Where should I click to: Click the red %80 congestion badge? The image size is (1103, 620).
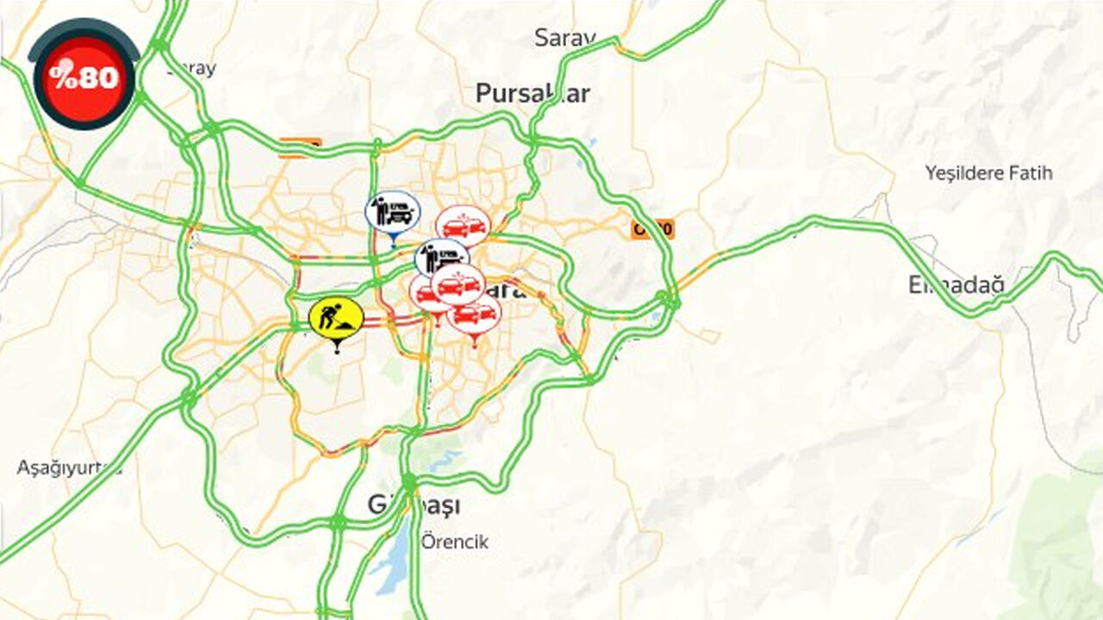(x=84, y=77)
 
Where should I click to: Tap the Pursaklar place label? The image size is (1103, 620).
(x=533, y=93)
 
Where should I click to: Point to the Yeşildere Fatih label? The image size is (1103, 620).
(x=988, y=173)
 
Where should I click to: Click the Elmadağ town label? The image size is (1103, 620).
(x=956, y=284)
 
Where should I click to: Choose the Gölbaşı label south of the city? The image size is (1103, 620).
(x=414, y=505)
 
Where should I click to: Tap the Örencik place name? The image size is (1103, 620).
(x=455, y=542)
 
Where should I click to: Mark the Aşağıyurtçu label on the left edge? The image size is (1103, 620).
(x=69, y=468)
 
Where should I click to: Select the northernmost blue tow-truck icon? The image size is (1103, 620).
(x=393, y=212)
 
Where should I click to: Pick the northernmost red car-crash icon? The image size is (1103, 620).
(x=463, y=226)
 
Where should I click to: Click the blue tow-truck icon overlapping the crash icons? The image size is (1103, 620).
(x=440, y=256)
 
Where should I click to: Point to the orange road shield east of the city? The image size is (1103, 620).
(x=652, y=229)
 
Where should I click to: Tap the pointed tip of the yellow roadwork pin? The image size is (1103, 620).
(x=336, y=351)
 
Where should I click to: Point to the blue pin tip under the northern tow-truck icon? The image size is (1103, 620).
(x=393, y=245)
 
